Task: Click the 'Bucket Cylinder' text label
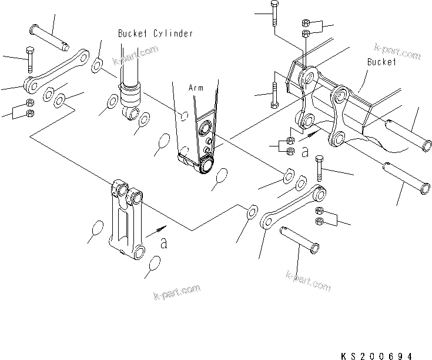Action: (155, 34)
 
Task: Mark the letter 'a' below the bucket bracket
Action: (304, 152)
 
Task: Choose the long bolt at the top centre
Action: (274, 14)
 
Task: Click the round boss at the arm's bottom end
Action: (206, 165)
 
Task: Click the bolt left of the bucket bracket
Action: (274, 89)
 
